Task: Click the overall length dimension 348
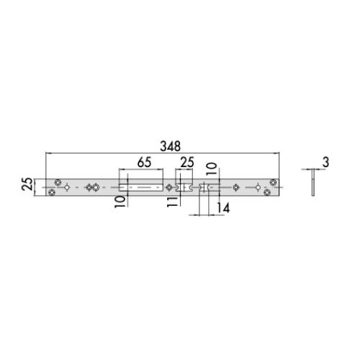[x=170, y=146]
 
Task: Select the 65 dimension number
[x=144, y=162]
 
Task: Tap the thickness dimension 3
[x=325, y=163]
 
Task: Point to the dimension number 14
[x=223, y=208]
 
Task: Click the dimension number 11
[x=173, y=201]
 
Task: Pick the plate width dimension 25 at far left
[x=27, y=184]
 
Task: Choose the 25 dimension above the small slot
[x=187, y=163]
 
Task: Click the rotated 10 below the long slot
[x=120, y=202]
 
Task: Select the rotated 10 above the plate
[x=212, y=168]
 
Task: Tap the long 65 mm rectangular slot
[x=141, y=187]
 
